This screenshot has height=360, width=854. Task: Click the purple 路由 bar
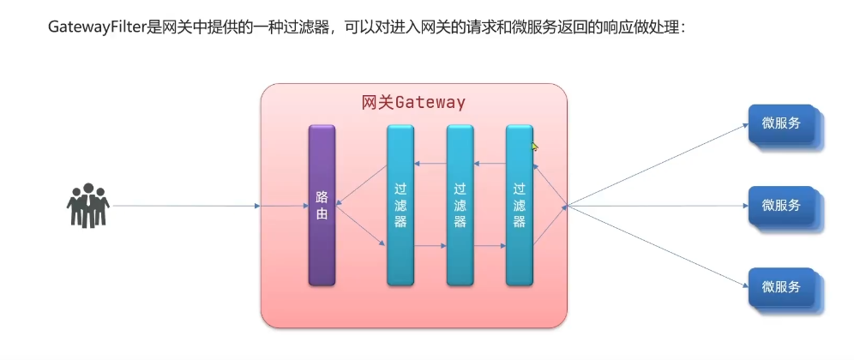(322, 205)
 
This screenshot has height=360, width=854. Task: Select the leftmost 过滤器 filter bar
(400, 205)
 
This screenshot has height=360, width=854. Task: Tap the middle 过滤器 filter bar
(460, 205)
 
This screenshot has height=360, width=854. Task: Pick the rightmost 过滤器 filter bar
(519, 205)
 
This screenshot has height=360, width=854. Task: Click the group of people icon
(87, 206)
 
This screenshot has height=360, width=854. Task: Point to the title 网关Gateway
(413, 103)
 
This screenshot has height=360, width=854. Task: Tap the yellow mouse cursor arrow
(534, 147)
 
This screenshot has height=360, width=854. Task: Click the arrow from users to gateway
(184, 206)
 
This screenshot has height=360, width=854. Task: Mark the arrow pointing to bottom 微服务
(656, 247)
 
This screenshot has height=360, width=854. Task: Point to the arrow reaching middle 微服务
(656, 206)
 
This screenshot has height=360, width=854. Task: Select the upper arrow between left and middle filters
(430, 164)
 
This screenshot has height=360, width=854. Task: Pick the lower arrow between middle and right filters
(490, 246)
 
